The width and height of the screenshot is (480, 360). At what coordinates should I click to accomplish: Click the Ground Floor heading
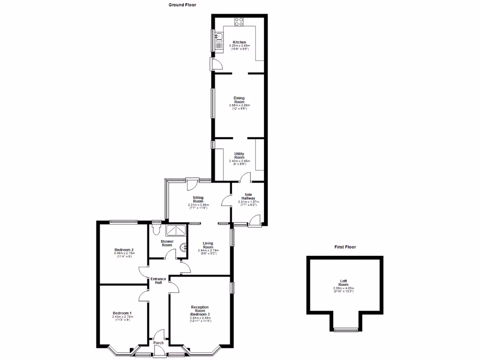click(x=183, y=5)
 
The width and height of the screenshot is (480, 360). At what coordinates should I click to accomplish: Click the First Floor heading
click(x=345, y=247)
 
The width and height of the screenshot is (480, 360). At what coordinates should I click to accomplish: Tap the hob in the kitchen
click(x=239, y=21)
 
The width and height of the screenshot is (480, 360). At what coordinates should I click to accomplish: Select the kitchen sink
click(x=218, y=40)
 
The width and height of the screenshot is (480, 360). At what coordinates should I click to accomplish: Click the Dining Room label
click(x=240, y=100)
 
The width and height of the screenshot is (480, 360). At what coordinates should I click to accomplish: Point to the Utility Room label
click(x=240, y=155)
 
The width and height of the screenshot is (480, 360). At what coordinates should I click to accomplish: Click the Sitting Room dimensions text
click(x=198, y=206)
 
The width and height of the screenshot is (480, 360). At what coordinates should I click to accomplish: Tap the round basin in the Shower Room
click(x=186, y=249)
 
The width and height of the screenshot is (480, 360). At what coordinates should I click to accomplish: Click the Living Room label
click(x=208, y=245)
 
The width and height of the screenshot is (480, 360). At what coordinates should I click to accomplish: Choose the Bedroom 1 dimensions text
click(x=123, y=319)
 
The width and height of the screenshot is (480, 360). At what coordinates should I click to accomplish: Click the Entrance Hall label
click(x=158, y=281)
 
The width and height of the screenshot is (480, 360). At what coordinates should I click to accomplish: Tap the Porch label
click(x=158, y=343)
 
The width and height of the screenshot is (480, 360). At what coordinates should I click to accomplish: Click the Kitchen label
click(x=240, y=42)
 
